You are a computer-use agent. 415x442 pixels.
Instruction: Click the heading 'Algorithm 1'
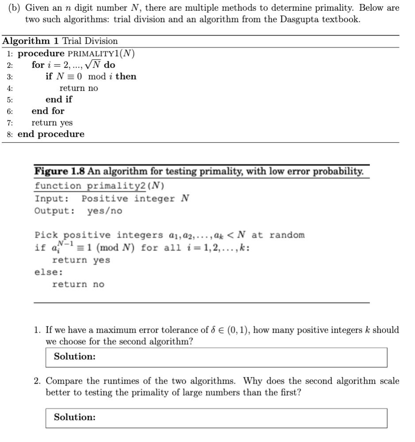coord(31,41)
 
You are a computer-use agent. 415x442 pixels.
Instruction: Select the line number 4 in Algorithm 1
coord(10,88)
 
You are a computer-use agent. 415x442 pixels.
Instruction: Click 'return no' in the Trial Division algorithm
coord(79,88)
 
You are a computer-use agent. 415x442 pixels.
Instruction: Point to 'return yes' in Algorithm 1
coord(52,123)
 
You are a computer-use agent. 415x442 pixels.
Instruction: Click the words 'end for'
coord(48,111)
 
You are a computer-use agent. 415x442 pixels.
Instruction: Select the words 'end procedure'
coord(51,134)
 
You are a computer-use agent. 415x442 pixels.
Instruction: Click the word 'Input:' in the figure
coord(52,198)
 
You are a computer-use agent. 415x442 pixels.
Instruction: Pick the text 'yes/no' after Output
coord(104,211)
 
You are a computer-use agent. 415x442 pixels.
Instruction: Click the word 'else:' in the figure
coord(49,272)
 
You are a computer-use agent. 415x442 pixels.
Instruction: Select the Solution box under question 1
coord(216,357)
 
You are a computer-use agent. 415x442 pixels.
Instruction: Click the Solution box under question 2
coord(216,418)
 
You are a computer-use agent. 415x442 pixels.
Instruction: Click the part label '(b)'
coord(15,8)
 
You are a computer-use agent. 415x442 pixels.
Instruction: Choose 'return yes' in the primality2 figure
coord(81,260)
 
